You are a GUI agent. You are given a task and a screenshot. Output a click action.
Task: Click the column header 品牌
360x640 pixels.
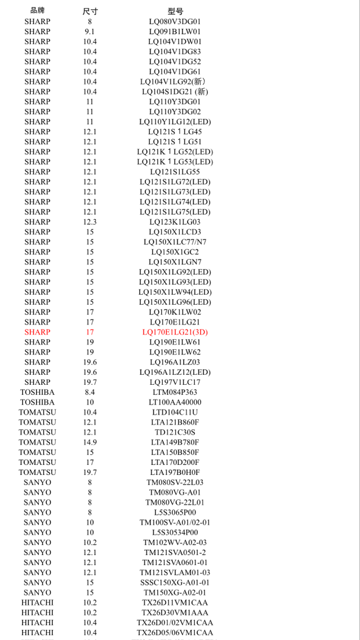pos(37,11)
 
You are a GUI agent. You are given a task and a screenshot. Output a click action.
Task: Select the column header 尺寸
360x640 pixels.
pos(90,11)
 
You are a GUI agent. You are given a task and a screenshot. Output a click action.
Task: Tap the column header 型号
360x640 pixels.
pos(175,11)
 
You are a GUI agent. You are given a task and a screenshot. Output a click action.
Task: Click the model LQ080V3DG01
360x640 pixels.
pos(175,21)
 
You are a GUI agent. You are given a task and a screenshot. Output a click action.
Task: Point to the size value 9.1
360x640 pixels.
pos(90,32)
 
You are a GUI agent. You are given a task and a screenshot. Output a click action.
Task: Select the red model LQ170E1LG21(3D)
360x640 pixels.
pos(175,332)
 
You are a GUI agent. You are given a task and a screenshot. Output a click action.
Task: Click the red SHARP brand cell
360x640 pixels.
pos(37,332)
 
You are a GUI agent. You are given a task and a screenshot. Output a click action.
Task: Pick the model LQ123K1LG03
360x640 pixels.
pos(175,222)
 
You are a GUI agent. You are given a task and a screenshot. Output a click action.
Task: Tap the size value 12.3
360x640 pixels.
pos(90,222)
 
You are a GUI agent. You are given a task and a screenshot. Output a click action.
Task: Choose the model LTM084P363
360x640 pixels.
pos(175,392)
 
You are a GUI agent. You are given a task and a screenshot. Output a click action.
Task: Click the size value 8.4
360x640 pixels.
pos(90,392)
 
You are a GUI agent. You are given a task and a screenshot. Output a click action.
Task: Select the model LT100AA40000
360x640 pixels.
pos(175,402)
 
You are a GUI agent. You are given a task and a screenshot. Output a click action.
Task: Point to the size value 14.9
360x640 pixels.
pos(90,442)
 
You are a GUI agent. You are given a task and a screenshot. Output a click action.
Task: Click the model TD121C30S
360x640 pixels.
pos(175,432)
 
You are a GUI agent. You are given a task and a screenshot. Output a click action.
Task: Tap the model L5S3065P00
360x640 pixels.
pos(175,512)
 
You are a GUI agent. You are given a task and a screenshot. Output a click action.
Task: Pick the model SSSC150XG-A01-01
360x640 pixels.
pos(175,583)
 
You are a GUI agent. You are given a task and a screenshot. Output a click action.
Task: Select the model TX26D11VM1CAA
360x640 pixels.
pos(175,602)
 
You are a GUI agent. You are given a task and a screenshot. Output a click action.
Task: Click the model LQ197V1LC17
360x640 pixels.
pos(175,382)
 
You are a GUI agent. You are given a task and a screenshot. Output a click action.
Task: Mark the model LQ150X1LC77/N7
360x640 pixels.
pos(175,242)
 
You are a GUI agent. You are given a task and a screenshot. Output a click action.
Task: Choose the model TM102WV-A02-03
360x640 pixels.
pos(175,543)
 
